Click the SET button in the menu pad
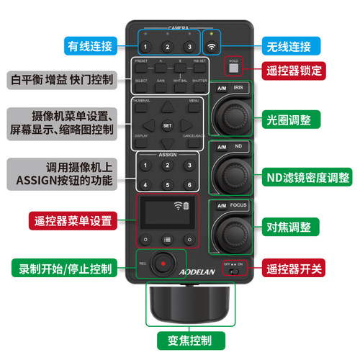click(x=167, y=125)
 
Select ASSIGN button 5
click(x=167, y=183)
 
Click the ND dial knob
click(x=232, y=174)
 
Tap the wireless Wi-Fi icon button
click(x=212, y=47)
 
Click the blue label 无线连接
click(x=286, y=46)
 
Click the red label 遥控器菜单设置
click(x=71, y=220)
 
